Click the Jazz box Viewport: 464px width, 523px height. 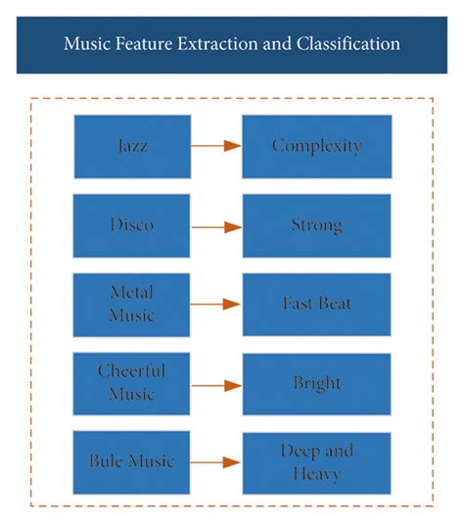[132, 147]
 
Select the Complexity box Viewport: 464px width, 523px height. [316, 147]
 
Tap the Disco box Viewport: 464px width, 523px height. [132, 226]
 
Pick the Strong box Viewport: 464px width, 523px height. [316, 226]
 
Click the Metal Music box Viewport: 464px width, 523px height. [132, 305]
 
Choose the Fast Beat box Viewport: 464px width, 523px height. [316, 305]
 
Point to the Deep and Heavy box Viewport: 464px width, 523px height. [316, 463]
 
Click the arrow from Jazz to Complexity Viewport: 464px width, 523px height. [216, 147]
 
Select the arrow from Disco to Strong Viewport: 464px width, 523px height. [216, 226]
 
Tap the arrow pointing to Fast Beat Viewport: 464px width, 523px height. [216, 305]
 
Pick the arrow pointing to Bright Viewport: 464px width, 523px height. [216, 384]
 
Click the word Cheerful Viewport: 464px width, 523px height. [132, 372]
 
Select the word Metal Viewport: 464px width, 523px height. [132, 293]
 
